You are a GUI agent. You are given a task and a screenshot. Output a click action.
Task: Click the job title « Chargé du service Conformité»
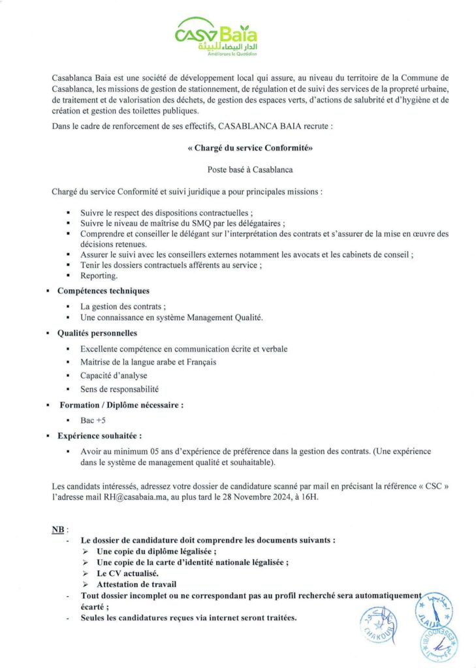pyautogui.click(x=250, y=148)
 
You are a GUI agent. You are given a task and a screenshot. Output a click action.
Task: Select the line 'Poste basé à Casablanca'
pyautogui.click(x=250, y=170)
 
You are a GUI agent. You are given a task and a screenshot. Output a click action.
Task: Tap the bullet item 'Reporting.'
pyautogui.click(x=99, y=275)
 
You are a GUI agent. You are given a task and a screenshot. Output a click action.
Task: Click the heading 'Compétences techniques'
pyautogui.click(x=103, y=290)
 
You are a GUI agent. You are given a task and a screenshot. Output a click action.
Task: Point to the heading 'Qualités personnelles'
pyautogui.click(x=97, y=333)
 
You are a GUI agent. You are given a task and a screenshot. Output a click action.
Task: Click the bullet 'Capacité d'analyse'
pyautogui.click(x=114, y=375)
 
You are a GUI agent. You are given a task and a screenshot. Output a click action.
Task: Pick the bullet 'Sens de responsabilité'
pyautogui.click(x=119, y=389)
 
